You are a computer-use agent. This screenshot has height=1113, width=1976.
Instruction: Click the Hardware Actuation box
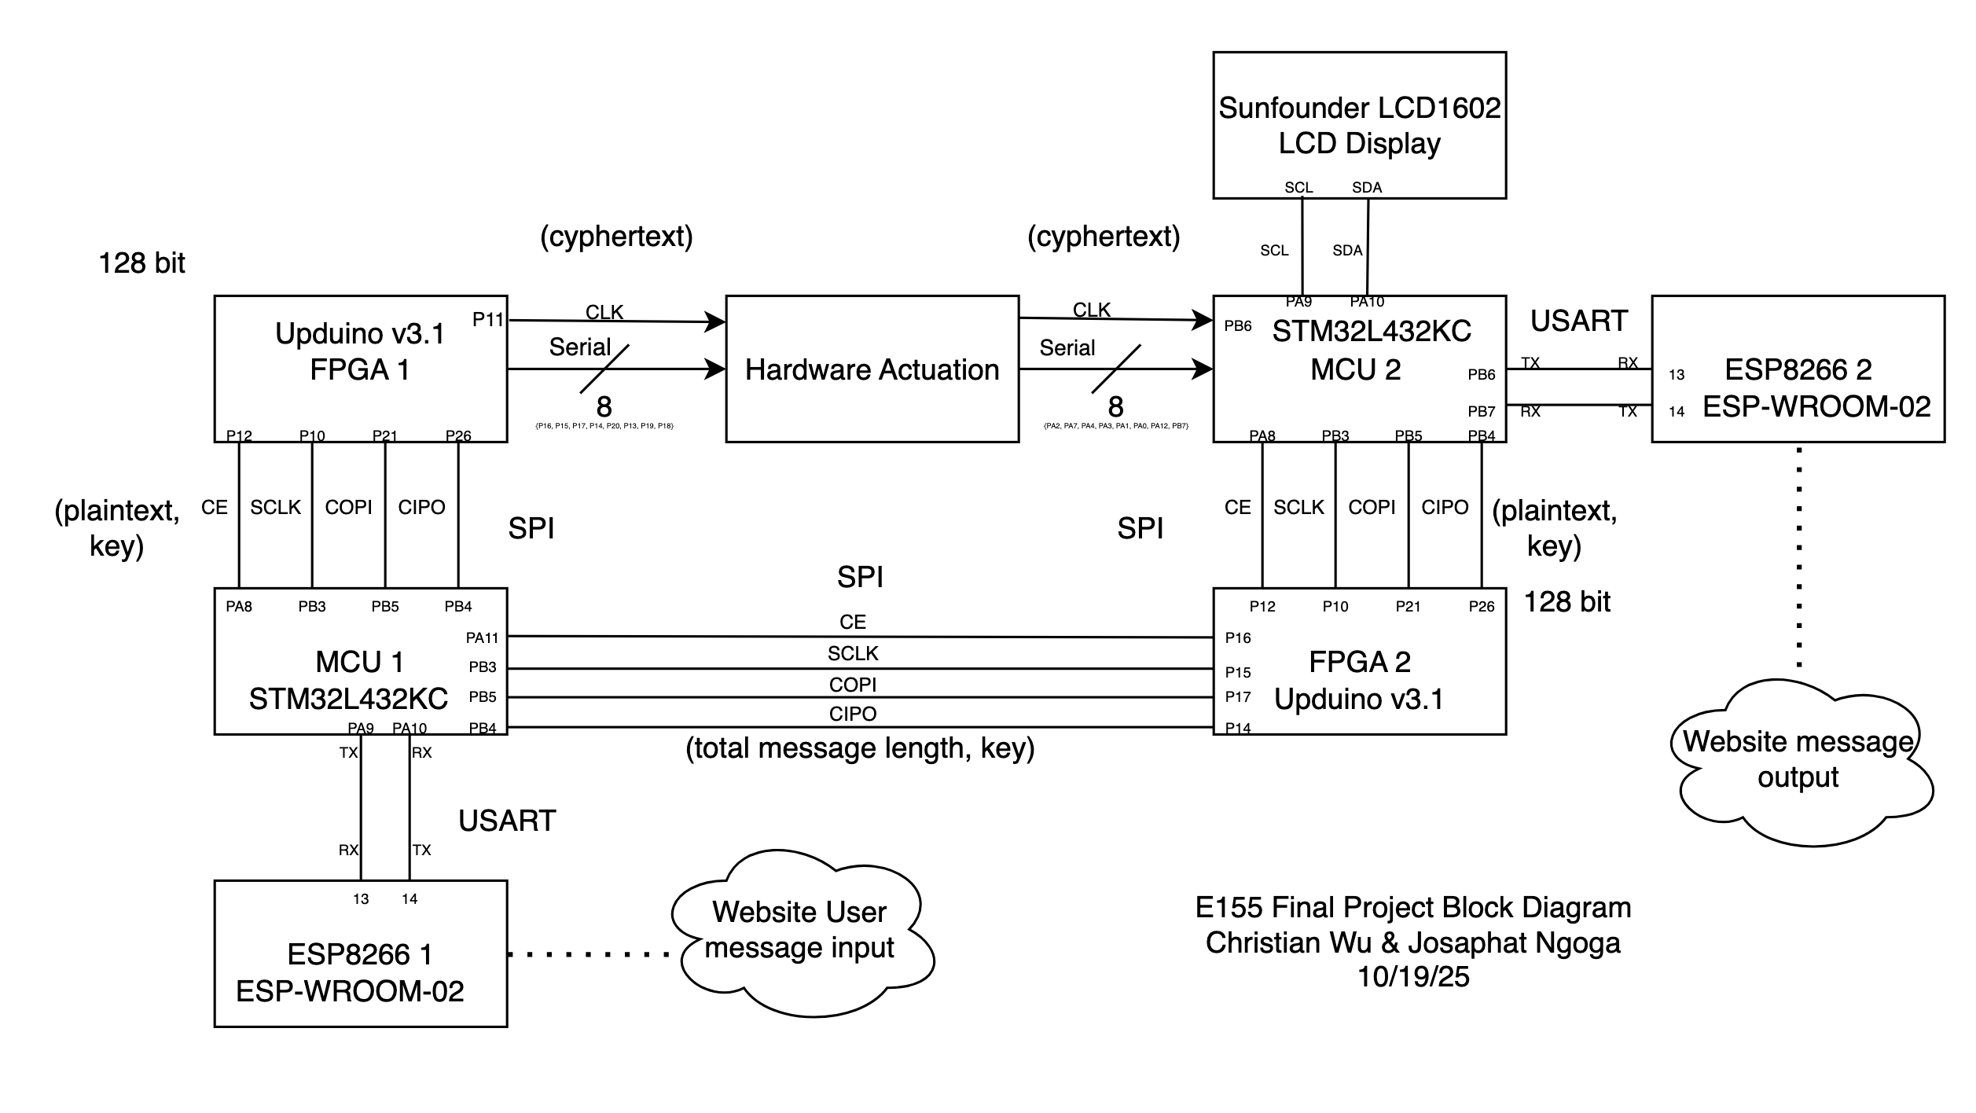click(872, 369)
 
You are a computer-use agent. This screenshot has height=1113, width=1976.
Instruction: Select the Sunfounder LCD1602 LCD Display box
click(1359, 125)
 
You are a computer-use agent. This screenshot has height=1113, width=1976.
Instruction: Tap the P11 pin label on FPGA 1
click(487, 319)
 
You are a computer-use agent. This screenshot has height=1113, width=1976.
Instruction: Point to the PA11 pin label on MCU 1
click(482, 637)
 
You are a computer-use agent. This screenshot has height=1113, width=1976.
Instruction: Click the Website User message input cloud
click(799, 931)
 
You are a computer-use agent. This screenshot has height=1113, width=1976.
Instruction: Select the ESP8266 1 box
click(361, 953)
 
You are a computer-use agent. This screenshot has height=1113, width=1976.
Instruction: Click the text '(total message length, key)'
click(860, 748)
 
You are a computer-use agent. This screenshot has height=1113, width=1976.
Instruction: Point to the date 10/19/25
click(1413, 977)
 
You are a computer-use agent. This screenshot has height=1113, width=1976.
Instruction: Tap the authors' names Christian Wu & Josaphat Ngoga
click(1413, 942)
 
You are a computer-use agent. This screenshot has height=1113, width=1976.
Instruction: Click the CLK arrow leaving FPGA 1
click(617, 321)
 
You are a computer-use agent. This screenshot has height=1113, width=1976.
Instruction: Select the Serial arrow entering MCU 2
click(1116, 368)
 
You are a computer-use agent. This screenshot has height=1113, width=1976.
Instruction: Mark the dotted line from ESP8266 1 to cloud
click(588, 954)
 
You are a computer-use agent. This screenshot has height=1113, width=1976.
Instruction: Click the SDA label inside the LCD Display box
click(1367, 187)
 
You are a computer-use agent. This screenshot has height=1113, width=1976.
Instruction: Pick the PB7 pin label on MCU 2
click(1482, 411)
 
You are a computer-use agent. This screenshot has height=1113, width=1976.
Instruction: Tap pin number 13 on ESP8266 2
click(1677, 374)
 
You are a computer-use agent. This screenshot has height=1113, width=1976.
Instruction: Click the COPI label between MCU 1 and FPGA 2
click(852, 685)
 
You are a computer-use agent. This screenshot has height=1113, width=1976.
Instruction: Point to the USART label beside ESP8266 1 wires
click(507, 821)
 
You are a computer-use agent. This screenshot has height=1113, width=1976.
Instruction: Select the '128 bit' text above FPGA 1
click(141, 263)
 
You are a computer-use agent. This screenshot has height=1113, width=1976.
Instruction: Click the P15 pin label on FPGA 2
click(1238, 672)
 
